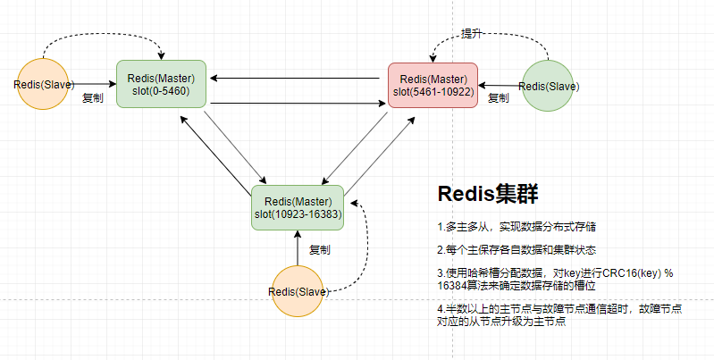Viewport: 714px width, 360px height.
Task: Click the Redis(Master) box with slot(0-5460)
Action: coord(162,84)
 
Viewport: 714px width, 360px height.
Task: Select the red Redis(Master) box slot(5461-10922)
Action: coord(433,85)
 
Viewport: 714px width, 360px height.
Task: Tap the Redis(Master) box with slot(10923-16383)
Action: coord(298,206)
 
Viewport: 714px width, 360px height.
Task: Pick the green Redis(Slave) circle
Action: coord(549,87)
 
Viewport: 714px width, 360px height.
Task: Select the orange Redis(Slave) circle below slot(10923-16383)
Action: coord(298,291)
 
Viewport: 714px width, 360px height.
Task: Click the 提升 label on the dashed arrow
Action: coord(472,34)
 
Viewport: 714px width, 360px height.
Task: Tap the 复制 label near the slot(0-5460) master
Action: coord(93,98)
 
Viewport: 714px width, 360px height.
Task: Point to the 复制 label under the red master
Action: coord(498,98)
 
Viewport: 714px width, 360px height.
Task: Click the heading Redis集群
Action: coord(487,194)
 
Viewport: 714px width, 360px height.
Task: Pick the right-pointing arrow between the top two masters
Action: coord(295,105)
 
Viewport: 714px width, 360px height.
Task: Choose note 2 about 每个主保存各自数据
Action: coord(509,249)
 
